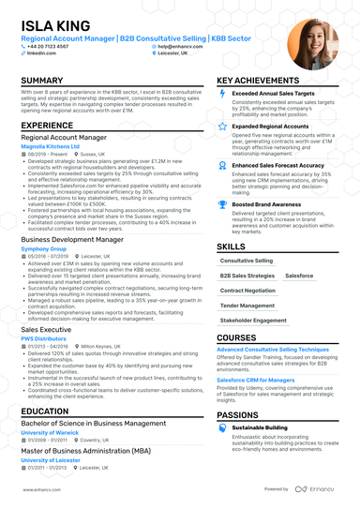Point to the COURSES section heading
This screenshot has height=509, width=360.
click(236, 337)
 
